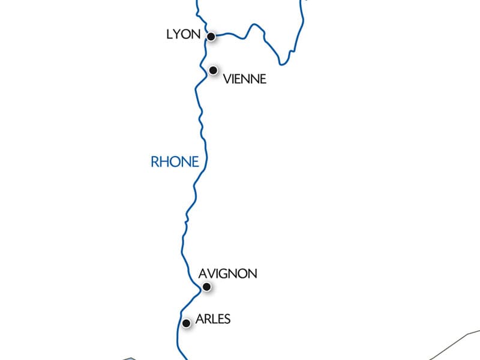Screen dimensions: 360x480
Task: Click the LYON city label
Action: tap(183, 35)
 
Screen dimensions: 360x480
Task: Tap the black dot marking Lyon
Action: tap(211, 37)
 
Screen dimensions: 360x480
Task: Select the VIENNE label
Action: tap(244, 79)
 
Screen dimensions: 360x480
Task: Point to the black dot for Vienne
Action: tap(213, 70)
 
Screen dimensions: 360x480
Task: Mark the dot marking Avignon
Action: tap(206, 287)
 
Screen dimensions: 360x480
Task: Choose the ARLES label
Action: tap(213, 319)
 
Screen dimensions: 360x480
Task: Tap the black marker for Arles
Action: tap(186, 323)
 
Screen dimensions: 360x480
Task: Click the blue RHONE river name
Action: tap(174, 161)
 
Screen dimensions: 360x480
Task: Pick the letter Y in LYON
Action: tap(178, 35)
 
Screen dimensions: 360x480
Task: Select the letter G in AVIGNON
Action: tap(230, 274)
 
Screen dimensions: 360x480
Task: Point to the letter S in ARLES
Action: tap(226, 319)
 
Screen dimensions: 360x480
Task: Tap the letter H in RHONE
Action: tap(164, 161)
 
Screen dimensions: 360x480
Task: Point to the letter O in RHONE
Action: tap(175, 161)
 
